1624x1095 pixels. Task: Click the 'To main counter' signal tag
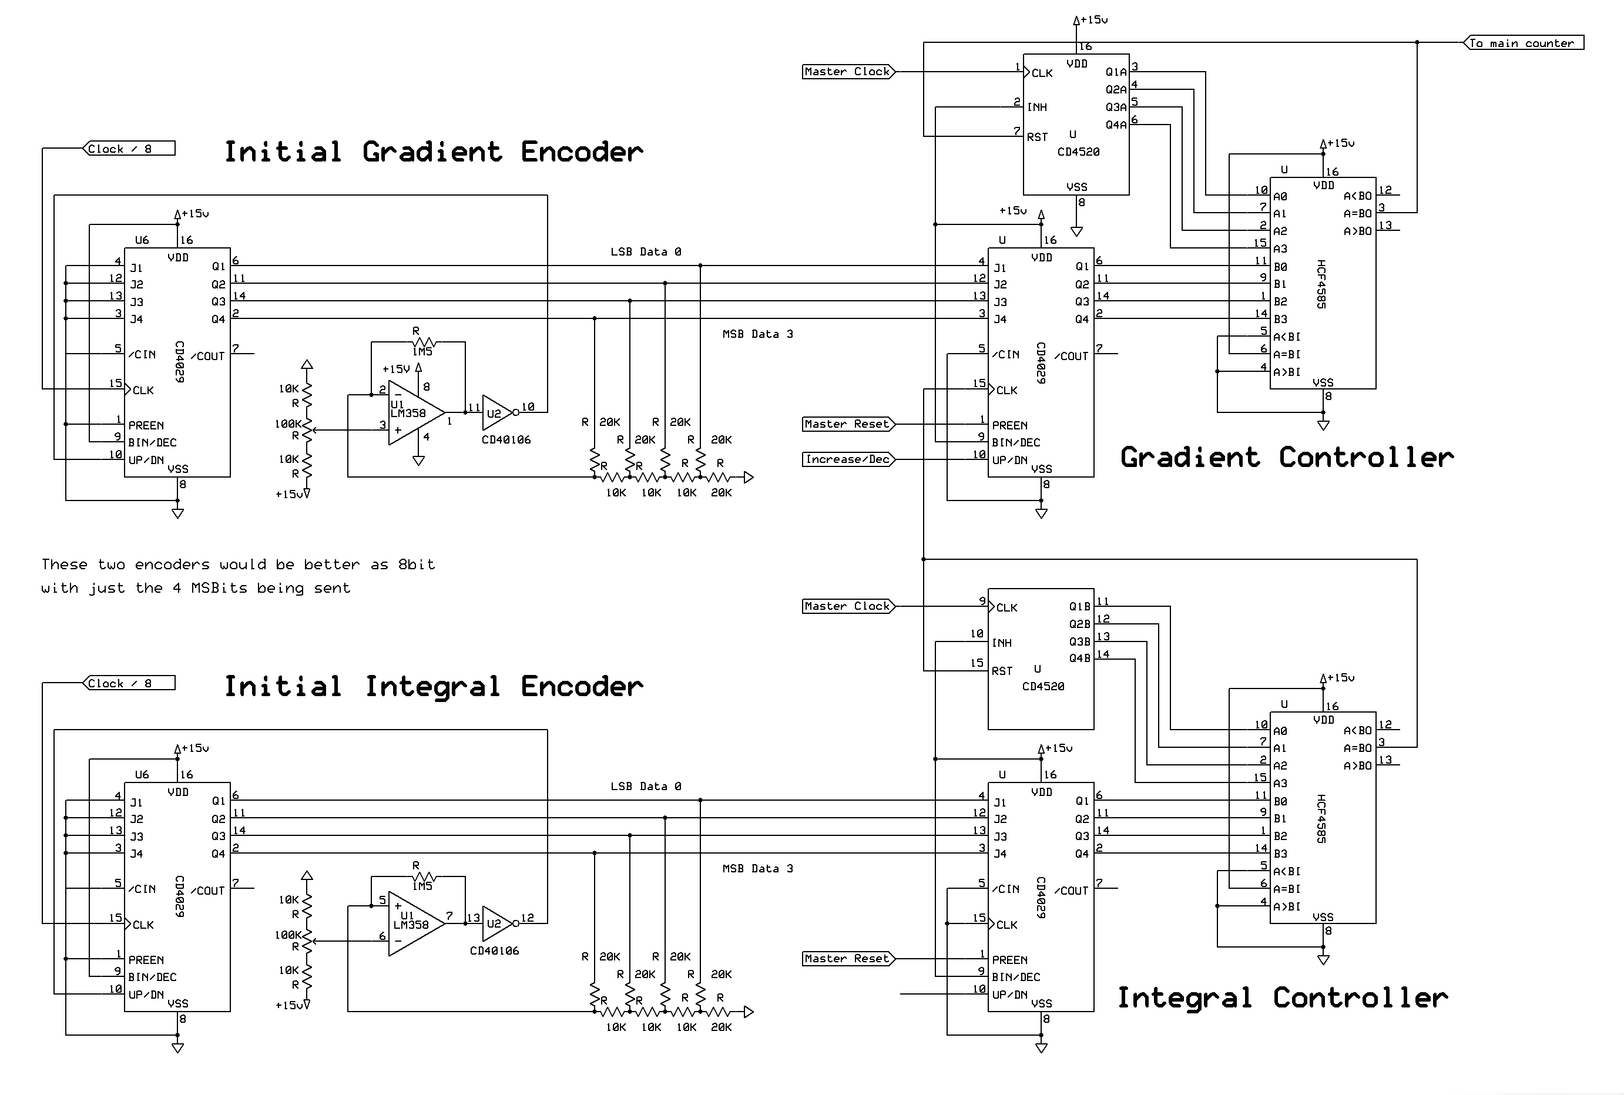pos(1525,43)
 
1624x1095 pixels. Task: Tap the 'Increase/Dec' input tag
pos(848,459)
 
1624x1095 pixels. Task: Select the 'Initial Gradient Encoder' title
pos(433,152)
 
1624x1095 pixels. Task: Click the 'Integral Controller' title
pos(1283,998)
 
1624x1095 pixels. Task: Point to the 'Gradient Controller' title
pos(1287,458)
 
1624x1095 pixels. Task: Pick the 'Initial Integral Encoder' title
pos(433,687)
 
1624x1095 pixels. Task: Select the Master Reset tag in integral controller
pos(847,959)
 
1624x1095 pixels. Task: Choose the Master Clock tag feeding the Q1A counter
pos(847,72)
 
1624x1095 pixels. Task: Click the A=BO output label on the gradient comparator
pos(1357,214)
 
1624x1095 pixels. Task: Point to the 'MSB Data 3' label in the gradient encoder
pos(758,334)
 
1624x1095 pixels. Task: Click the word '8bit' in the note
pos(417,565)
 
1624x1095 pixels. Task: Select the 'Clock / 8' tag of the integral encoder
pos(129,684)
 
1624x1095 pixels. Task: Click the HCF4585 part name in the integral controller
pos(1321,818)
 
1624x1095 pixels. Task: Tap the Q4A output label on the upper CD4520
pos(1116,125)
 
